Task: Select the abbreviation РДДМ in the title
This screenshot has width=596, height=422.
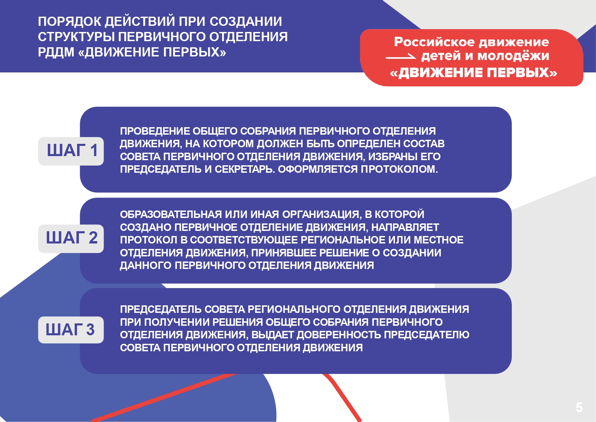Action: [56, 52]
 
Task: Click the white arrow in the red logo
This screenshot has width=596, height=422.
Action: [401, 56]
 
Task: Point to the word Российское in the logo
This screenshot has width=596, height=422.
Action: [434, 42]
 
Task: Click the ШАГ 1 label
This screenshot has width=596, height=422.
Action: [71, 151]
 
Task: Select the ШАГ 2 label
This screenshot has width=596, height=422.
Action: [71, 238]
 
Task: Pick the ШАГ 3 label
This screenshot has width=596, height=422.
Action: [71, 330]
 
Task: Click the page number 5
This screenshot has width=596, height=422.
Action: [579, 407]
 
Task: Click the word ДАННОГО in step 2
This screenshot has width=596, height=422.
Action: [146, 266]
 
